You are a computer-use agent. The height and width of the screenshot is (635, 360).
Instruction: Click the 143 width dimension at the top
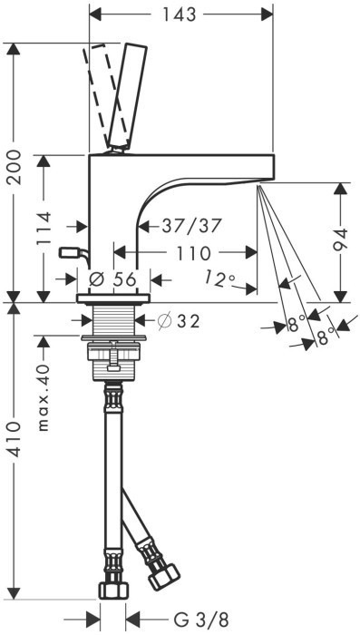click(x=179, y=15)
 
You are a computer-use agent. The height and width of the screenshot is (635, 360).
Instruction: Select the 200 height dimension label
click(x=15, y=167)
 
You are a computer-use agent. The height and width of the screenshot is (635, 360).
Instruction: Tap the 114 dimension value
click(x=44, y=228)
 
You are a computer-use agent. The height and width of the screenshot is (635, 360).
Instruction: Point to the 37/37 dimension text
click(x=191, y=226)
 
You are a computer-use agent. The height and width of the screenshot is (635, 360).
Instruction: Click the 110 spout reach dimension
click(x=193, y=253)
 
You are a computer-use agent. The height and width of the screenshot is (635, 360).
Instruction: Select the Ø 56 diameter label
click(x=112, y=279)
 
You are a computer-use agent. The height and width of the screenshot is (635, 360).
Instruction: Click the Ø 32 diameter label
click(x=179, y=321)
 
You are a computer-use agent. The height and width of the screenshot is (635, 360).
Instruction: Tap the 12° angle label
click(x=219, y=278)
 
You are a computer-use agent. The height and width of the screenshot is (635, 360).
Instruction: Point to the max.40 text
click(x=44, y=397)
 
